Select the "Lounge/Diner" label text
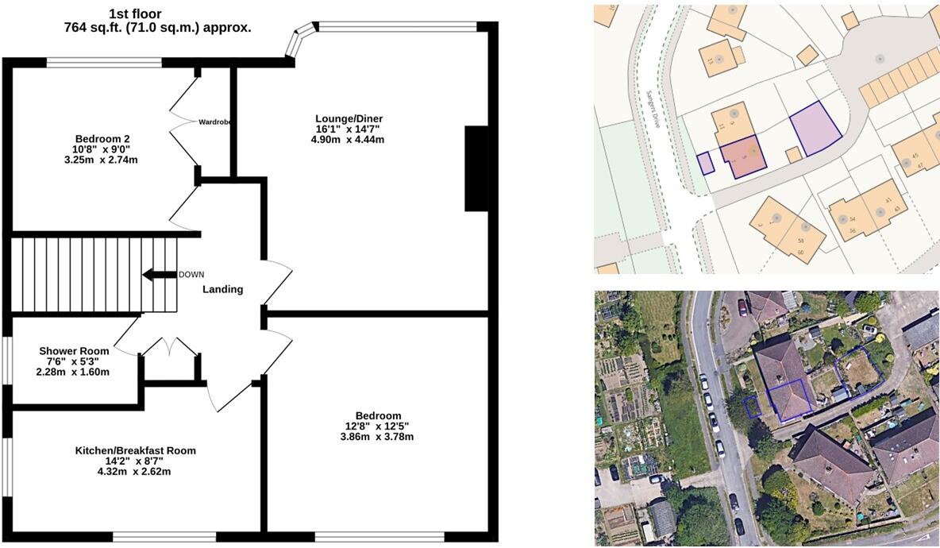(348, 118)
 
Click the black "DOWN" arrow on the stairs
(159, 275)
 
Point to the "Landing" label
(222, 290)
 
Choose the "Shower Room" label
(74, 350)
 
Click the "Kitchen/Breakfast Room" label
(135, 450)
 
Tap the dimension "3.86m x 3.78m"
(377, 437)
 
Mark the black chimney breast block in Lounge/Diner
(476, 168)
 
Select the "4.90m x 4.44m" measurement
(348, 140)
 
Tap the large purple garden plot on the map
(815, 129)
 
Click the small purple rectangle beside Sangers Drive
(704, 163)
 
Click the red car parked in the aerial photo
(742, 307)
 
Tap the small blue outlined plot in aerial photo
(751, 406)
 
